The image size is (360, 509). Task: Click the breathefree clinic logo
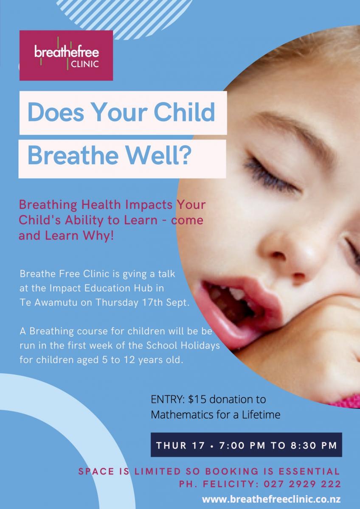[66, 56]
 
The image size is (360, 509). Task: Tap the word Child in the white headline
[184, 112]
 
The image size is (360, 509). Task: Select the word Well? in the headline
[158, 156]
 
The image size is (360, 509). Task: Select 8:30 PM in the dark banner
[314, 445]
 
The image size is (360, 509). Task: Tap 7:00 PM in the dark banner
[242, 445]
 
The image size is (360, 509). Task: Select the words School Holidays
[183, 345]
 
